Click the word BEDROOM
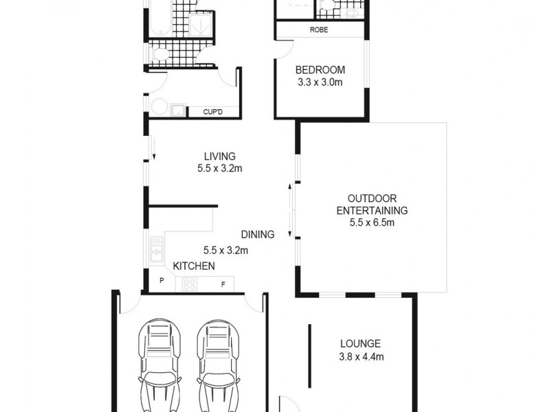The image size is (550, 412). tap(320, 70)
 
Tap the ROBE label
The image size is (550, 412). tap(318, 30)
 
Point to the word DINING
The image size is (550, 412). tap(258, 234)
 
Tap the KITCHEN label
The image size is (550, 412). tap(194, 266)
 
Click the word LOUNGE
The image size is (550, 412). tap(360, 344)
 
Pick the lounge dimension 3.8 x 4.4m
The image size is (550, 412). tap(360, 356)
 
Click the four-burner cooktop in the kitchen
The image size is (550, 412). tap(189, 284)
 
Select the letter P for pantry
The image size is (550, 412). tap(162, 281)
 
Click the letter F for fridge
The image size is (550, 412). tap(223, 283)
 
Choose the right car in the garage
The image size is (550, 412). tap(219, 364)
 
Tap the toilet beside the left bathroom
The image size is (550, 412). tap(159, 54)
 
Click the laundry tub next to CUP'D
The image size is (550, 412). tap(177, 109)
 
